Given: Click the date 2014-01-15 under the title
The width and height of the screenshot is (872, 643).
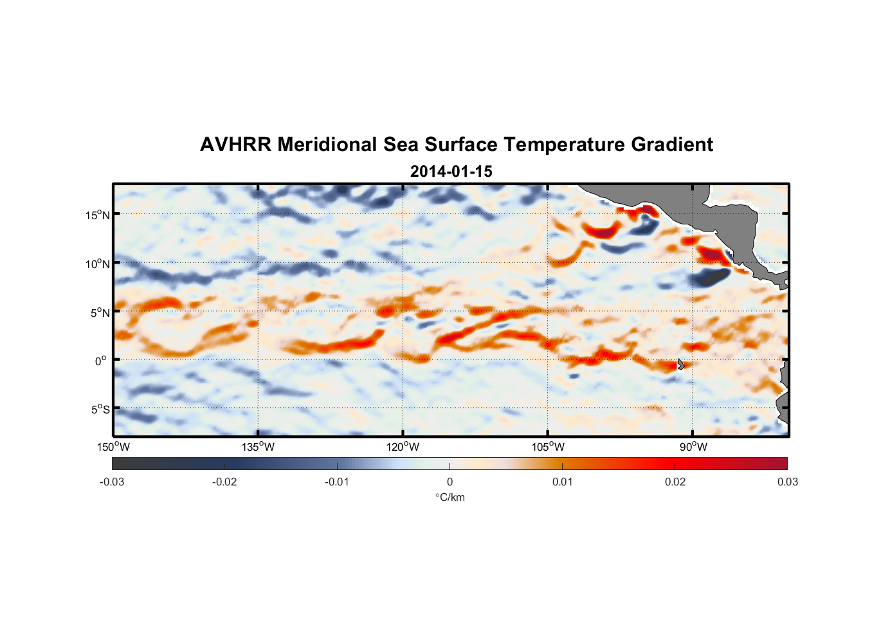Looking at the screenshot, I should tap(451, 172).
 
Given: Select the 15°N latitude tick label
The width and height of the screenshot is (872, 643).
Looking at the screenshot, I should tap(98, 215).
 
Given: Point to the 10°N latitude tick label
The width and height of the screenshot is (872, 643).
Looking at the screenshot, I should tap(98, 264).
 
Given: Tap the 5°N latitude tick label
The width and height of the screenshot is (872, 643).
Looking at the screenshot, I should tap(100, 312).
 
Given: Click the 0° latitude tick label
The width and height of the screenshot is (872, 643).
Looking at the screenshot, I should tap(102, 361).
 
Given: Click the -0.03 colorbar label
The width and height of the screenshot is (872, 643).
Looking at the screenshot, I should tap(112, 482).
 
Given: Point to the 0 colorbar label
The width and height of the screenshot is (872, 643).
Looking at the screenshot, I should tap(450, 482).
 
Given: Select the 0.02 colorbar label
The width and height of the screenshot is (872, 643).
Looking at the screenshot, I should tap(675, 482).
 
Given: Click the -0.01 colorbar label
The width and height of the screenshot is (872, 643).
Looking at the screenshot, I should tap(337, 482).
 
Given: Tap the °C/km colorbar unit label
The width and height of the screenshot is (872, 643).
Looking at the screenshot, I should tap(450, 497).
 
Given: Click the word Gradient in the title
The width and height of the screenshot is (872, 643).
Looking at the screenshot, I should tap(671, 145).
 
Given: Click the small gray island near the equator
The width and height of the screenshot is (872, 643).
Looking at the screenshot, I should tap(680, 364).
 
